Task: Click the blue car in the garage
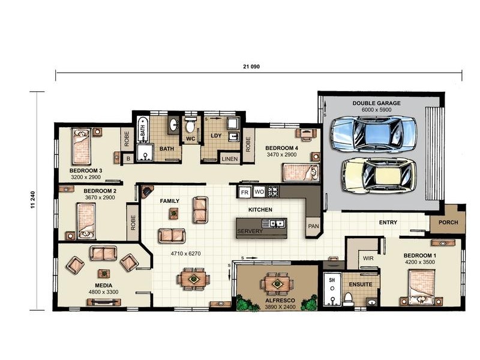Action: point(374,134)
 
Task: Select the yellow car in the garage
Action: point(379,176)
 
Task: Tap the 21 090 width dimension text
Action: point(251,67)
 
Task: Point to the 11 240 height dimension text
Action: point(33,200)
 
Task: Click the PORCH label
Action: point(448,222)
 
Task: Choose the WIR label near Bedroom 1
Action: point(368,259)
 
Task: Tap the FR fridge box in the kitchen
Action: point(244,192)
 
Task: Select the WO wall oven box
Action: point(259,192)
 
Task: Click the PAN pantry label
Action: point(313,226)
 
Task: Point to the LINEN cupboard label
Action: point(230,159)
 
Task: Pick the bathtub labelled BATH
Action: point(142,130)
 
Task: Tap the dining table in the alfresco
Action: point(277,284)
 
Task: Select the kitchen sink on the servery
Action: point(273,223)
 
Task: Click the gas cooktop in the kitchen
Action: point(273,191)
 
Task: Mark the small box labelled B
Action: point(128,159)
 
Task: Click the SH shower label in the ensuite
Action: point(332,280)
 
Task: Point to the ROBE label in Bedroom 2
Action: point(133,223)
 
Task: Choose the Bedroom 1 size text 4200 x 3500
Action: point(419,262)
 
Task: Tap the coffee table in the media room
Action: point(104,273)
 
